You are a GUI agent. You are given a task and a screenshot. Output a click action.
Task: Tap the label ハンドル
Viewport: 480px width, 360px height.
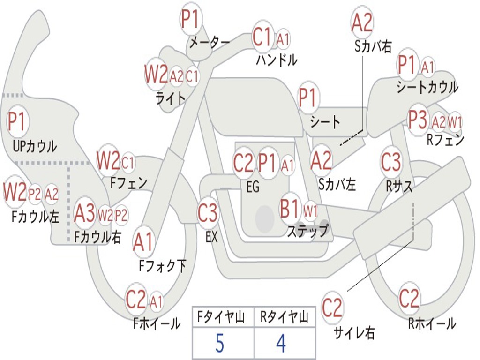277,60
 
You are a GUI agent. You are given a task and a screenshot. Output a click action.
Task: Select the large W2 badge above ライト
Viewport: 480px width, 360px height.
156,75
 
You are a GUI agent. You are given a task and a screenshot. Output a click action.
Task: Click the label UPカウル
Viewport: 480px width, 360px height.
35,146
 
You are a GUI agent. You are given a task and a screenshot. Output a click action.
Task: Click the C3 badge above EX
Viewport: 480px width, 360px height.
207,213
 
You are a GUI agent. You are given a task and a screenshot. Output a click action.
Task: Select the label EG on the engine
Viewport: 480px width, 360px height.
253,187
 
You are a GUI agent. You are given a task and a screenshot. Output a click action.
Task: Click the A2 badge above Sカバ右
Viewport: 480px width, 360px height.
362,22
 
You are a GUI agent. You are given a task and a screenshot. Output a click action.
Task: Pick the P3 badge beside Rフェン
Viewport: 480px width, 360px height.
418,121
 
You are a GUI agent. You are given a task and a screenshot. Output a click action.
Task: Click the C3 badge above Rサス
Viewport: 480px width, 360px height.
390,162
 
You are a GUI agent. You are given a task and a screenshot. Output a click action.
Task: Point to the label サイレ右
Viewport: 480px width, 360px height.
354,333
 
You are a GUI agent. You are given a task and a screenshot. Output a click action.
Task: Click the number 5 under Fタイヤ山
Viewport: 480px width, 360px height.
219,344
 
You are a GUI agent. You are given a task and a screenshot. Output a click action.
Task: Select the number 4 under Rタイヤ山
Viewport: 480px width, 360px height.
281,344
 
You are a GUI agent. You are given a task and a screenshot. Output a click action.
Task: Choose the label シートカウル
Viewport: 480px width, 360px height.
427,87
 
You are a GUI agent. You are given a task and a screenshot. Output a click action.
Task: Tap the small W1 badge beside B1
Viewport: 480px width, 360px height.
310,210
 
